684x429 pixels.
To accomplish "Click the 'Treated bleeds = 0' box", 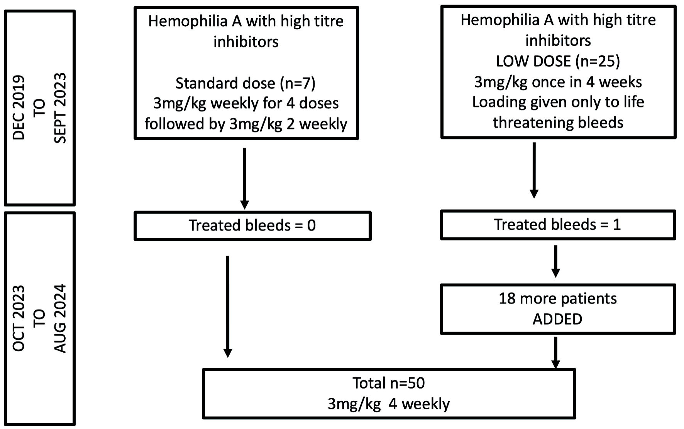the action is click(x=252, y=225).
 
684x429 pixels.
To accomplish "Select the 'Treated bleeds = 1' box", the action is click(x=558, y=225).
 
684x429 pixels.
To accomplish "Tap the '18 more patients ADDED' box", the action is click(x=558, y=309).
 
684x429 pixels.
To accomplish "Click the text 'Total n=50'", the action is click(x=389, y=383).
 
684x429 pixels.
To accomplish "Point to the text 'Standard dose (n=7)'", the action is click(x=245, y=83).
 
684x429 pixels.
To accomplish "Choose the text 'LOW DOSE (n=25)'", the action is click(x=558, y=61).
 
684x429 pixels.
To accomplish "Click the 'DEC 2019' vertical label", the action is click(x=19, y=108).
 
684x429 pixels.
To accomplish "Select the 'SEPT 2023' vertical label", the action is click(x=60, y=108).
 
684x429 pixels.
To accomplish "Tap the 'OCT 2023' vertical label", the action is click(x=19, y=318).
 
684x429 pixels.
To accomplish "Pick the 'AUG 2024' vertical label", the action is click(x=60, y=319).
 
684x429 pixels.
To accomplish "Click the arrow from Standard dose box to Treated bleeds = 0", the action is click(x=244, y=178).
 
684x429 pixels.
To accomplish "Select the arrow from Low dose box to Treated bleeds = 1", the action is click(x=534, y=170).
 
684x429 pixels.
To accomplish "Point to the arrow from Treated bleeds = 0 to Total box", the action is click(x=228, y=307).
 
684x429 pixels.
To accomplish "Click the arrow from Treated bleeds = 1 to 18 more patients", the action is click(x=555, y=261).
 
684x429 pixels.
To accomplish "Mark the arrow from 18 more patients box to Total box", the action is click(x=555, y=353).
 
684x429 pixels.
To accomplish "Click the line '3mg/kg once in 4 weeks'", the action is click(x=558, y=82).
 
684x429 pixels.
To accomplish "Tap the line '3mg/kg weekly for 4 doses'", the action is click(x=246, y=103).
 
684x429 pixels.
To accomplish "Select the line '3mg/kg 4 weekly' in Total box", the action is click(x=389, y=404).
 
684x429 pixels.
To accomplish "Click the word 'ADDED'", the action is click(x=557, y=319).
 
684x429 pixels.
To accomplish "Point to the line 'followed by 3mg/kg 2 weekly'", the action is click(x=246, y=124).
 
